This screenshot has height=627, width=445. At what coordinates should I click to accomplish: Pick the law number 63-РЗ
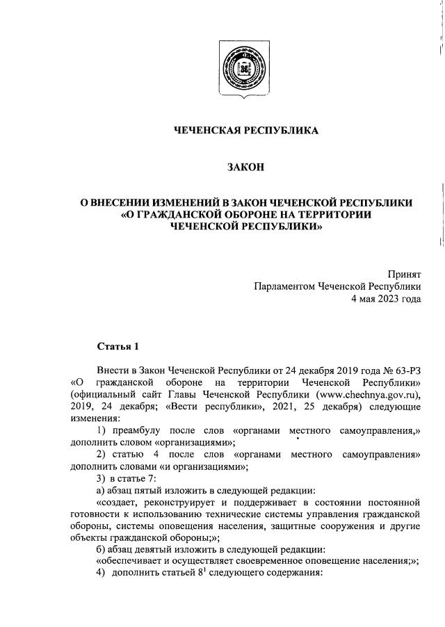pyautogui.click(x=403, y=370)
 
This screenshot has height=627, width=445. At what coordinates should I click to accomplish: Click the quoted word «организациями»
pyautogui.click(x=193, y=443)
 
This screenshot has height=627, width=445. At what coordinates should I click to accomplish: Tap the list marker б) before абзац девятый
pyautogui.click(x=102, y=550)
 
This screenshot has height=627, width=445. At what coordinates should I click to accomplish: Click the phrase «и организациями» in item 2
pyautogui.click(x=195, y=466)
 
